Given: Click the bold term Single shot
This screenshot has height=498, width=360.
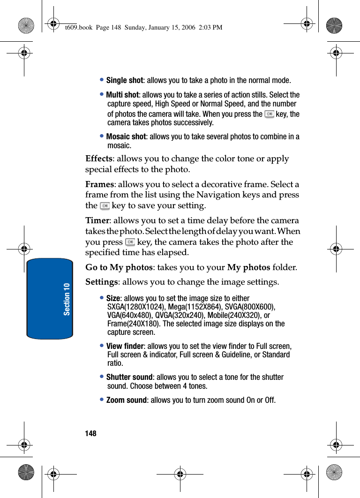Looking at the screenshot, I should tap(124, 80).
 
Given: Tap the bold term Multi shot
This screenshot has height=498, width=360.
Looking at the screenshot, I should tap(122, 95).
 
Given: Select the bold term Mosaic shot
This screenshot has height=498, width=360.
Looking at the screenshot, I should tap(126, 136).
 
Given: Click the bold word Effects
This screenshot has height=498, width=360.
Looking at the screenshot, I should tap(98, 158).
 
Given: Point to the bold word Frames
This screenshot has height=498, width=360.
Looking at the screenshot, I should tap(99, 184).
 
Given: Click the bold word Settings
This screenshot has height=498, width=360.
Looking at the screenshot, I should tap(101, 282).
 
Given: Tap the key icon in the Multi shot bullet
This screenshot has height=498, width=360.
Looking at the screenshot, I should tap(269, 114).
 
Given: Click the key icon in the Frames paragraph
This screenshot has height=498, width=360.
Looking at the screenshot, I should tap(105, 206).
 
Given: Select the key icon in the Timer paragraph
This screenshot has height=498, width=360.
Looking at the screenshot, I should tap(130, 242).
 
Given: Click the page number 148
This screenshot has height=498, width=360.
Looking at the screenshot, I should tap(90, 433).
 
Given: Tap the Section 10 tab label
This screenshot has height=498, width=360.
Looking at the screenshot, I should tap(67, 299).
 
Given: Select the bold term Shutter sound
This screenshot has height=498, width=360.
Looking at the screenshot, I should tap(129, 377).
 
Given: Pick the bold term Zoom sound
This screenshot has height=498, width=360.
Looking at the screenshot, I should tap(127, 400).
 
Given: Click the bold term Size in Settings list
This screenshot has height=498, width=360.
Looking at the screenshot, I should tap(113, 298).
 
